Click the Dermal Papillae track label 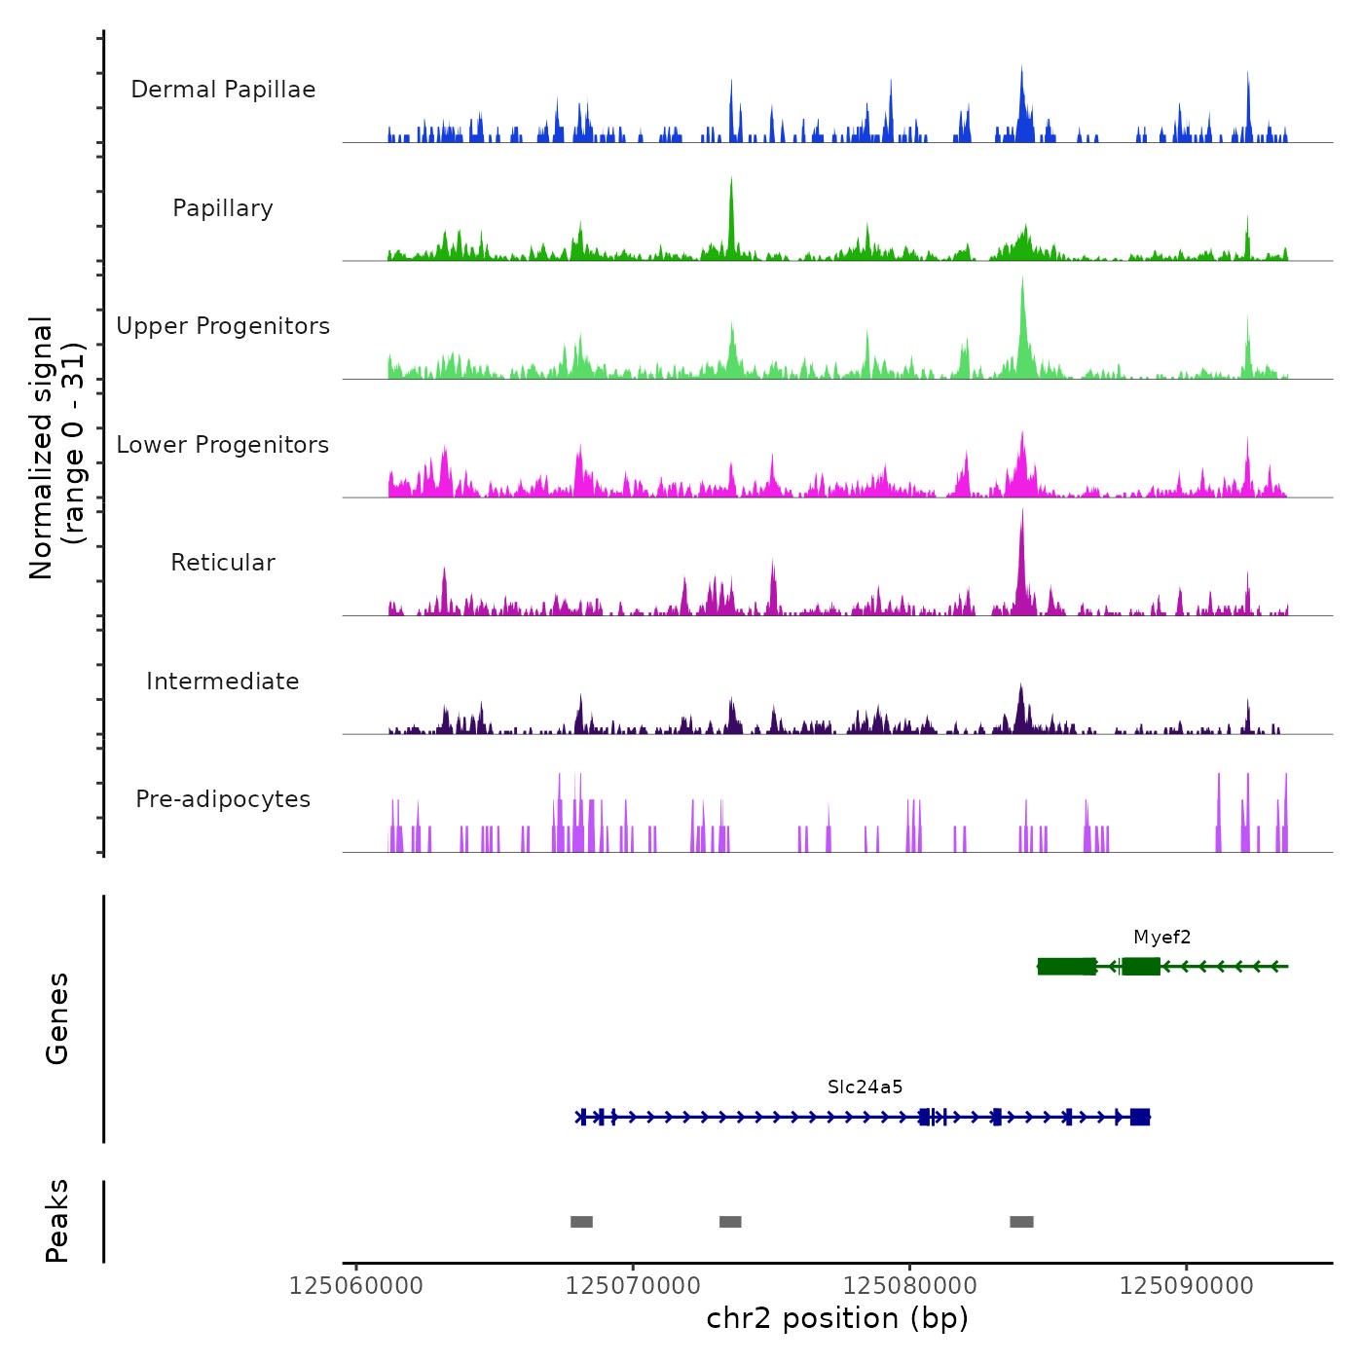pyautogui.click(x=223, y=90)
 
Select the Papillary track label pyautogui.click(x=223, y=208)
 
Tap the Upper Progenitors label pyautogui.click(x=223, y=326)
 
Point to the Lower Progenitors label pyautogui.click(x=223, y=445)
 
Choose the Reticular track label pyautogui.click(x=223, y=563)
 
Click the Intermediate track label pyautogui.click(x=223, y=681)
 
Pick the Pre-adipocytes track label pyautogui.click(x=223, y=799)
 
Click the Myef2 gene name pyautogui.click(x=1161, y=938)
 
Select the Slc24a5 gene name pyautogui.click(x=865, y=1087)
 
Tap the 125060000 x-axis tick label pyautogui.click(x=356, y=1286)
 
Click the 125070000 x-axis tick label pyautogui.click(x=633, y=1286)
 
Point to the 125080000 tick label pyautogui.click(x=909, y=1286)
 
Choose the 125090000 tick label pyautogui.click(x=1186, y=1286)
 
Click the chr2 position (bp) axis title pyautogui.click(x=837, y=1318)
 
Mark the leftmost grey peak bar pyautogui.click(x=581, y=1222)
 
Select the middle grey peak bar pyautogui.click(x=730, y=1222)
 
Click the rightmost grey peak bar pyautogui.click(x=1021, y=1222)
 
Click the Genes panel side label pyautogui.click(x=56, y=1018)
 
